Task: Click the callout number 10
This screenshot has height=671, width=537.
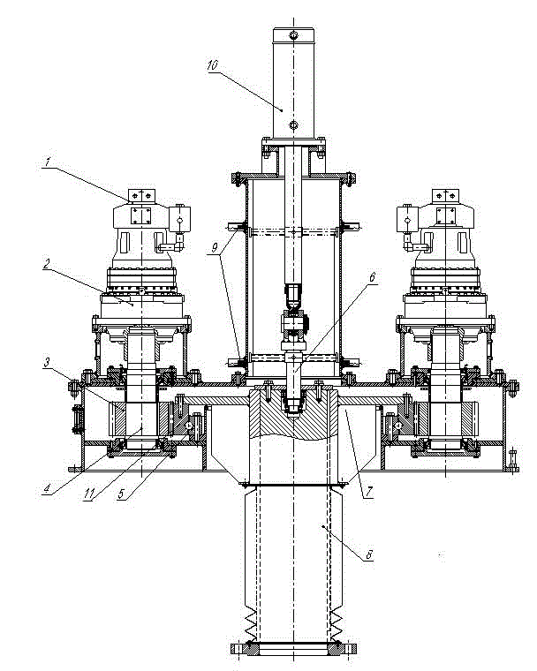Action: pos(212,65)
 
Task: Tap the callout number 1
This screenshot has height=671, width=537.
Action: pos(48,162)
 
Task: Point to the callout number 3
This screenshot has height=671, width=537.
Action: pos(47,363)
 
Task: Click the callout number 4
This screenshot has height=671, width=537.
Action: pos(47,488)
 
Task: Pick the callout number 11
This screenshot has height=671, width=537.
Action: pos(89,494)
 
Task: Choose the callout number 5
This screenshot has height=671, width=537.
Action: pos(121,494)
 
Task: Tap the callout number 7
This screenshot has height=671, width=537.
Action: pos(368,492)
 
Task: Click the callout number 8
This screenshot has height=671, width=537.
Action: pos(368,555)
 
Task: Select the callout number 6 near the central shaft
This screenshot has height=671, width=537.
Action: pos(372,277)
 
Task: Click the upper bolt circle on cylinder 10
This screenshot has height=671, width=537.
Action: pos(293,35)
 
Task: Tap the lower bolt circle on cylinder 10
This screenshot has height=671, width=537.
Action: pos(293,125)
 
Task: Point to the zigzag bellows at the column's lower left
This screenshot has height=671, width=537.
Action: pos(251,624)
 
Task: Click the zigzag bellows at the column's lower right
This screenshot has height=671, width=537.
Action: pos(337,624)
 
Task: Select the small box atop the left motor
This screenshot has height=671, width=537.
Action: pos(141,196)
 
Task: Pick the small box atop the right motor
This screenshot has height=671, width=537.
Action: pos(445,196)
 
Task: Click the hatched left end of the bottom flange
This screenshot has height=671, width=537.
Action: pos(245,648)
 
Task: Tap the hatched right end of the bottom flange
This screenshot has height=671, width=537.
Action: pos(342,648)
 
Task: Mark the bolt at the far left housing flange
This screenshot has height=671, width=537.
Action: pos(73,388)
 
